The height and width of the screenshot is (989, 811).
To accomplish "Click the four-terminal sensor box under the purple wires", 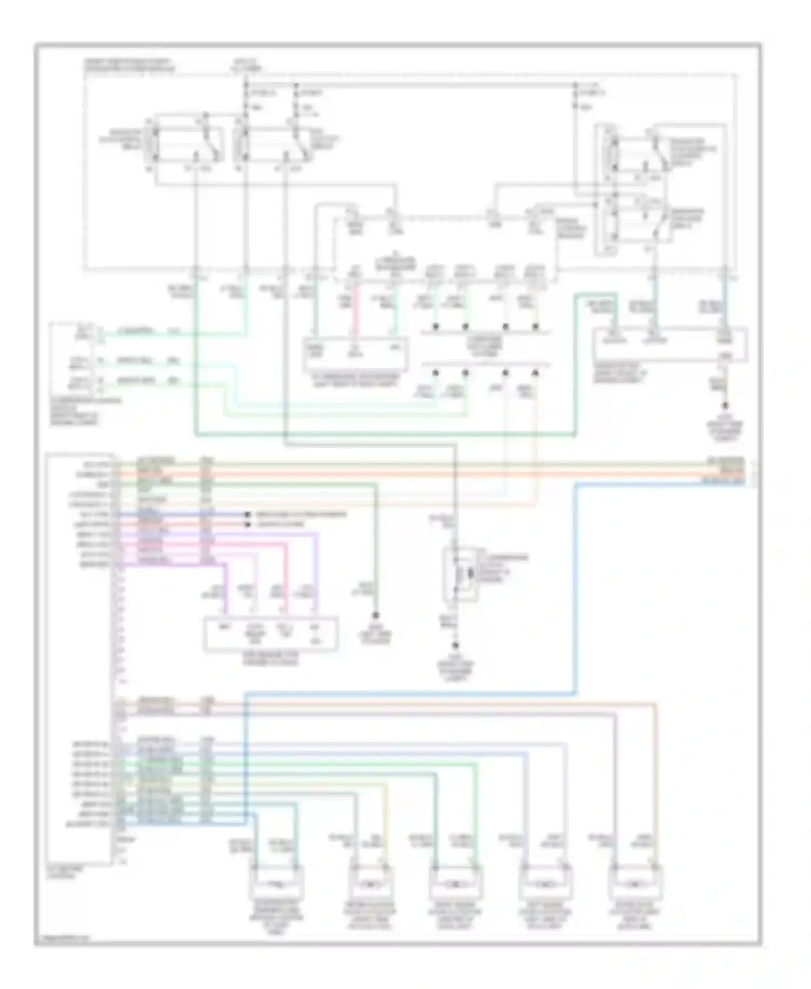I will pyautogui.click(x=270, y=634).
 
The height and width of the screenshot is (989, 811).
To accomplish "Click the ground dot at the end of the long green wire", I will pyautogui.click(x=375, y=616).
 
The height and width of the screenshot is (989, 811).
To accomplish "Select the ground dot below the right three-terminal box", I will pyautogui.click(x=725, y=405).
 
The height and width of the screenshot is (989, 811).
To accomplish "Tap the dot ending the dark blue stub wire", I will pyautogui.click(x=248, y=515).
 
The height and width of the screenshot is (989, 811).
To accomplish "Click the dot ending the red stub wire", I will pyautogui.click(x=248, y=524).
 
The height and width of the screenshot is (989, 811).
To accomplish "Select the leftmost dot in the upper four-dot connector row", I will pyautogui.click(x=435, y=327).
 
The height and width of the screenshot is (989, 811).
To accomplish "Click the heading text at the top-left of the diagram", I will pyautogui.click(x=130, y=65).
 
